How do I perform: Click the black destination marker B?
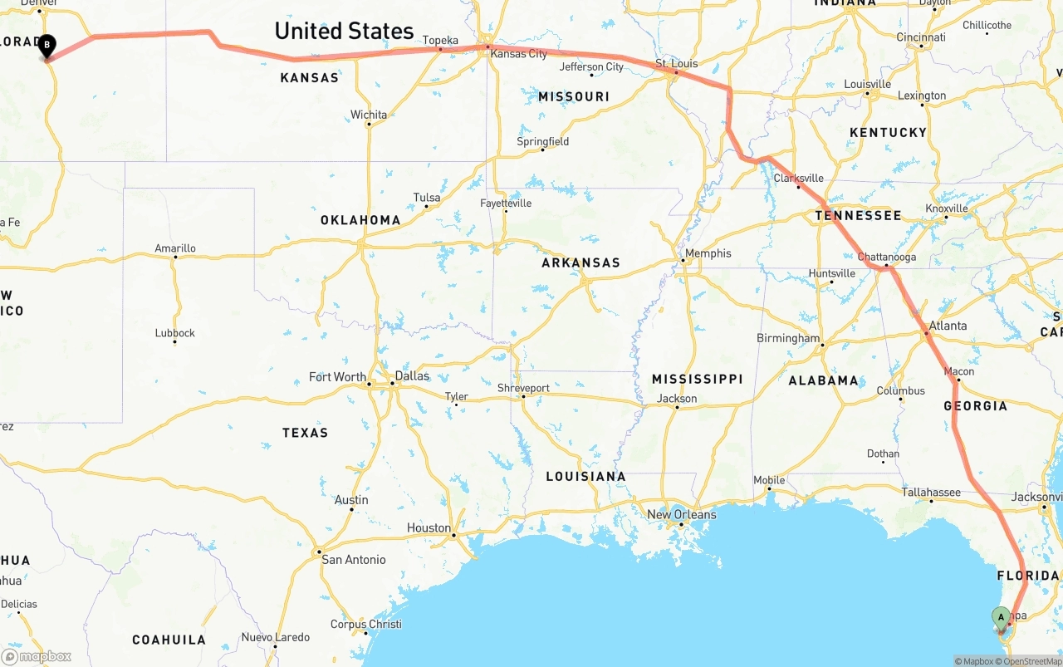pyautogui.click(x=47, y=45)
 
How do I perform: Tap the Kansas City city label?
pyautogui.click(x=519, y=54)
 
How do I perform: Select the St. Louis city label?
pyautogui.click(x=676, y=63)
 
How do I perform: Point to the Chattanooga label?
pyautogui.click(x=886, y=257)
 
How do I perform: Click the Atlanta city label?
pyautogui.click(x=948, y=326)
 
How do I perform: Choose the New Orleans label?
pyautogui.click(x=681, y=514)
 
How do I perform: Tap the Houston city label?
pyautogui.click(x=429, y=527)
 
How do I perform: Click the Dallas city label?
pyautogui.click(x=412, y=375)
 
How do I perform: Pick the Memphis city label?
pyautogui.click(x=708, y=253)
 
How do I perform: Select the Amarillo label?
pyautogui.click(x=175, y=248)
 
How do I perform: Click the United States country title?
pyautogui.click(x=344, y=31)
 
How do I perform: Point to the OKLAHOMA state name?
pyautogui.click(x=360, y=220)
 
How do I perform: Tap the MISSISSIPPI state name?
pyautogui.click(x=697, y=379)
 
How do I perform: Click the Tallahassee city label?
pyautogui.click(x=931, y=493)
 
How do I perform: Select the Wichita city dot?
pyautogui.click(x=369, y=125)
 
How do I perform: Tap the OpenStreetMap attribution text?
pyautogui.click(x=1032, y=661)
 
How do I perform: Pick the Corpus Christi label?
pyautogui.click(x=365, y=624)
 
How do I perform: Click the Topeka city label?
pyautogui.click(x=440, y=40)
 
